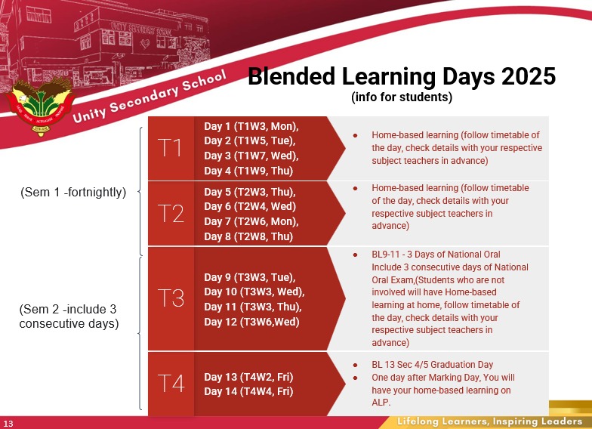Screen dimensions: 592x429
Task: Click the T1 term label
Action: [x=171, y=148]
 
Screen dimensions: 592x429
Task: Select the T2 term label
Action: [x=171, y=213]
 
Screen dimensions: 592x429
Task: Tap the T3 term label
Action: [x=171, y=298]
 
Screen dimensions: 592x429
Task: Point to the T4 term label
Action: [x=171, y=384]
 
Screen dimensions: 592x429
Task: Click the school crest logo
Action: [x=41, y=106]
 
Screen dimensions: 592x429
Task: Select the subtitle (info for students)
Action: [x=402, y=97]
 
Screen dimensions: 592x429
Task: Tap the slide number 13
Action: [x=8, y=424]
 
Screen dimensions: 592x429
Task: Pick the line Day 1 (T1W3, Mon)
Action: [x=251, y=126]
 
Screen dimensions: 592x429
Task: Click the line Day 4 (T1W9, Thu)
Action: [x=248, y=171]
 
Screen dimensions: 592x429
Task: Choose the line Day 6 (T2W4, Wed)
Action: [x=250, y=207]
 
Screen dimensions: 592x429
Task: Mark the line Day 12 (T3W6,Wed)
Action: [x=251, y=322]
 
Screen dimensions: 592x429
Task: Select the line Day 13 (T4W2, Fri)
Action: [x=248, y=377]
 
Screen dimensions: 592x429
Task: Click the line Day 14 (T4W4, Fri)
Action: [x=248, y=391]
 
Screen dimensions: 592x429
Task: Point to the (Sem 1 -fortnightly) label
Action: [x=73, y=192]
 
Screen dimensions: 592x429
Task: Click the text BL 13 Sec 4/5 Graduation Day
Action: [x=432, y=364]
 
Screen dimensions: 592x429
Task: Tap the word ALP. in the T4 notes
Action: [x=381, y=402]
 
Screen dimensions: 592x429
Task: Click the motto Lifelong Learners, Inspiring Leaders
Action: [x=489, y=421]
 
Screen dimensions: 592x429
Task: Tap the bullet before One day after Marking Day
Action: [x=355, y=378]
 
